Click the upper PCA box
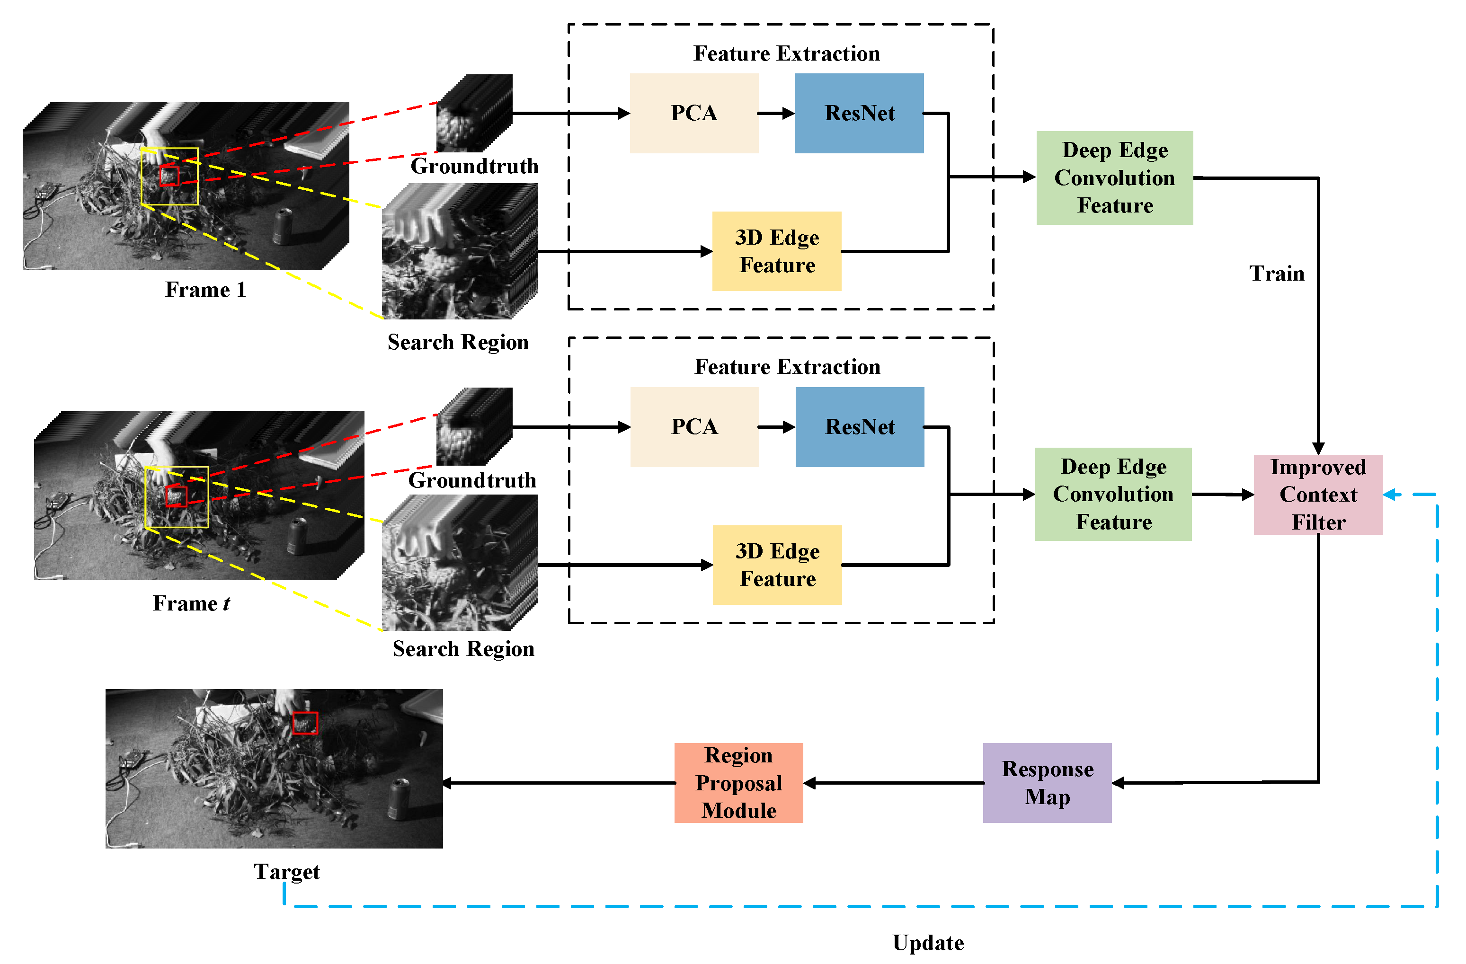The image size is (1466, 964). click(693, 113)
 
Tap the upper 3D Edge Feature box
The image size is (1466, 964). click(776, 251)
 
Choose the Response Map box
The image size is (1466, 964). click(1047, 782)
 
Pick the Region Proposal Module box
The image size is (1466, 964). click(738, 782)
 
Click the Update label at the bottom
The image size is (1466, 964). click(928, 942)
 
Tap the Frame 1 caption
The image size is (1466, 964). click(205, 290)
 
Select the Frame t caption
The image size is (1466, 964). click(191, 603)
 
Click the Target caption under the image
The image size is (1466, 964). click(286, 872)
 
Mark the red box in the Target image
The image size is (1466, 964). click(305, 723)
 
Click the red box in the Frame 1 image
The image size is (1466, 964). click(169, 176)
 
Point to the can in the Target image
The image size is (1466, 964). click(400, 799)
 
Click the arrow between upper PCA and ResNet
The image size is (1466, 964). click(776, 113)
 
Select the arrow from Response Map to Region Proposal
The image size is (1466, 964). click(893, 783)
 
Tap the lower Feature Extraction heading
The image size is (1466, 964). click(787, 367)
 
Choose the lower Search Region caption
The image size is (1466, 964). click(463, 649)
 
